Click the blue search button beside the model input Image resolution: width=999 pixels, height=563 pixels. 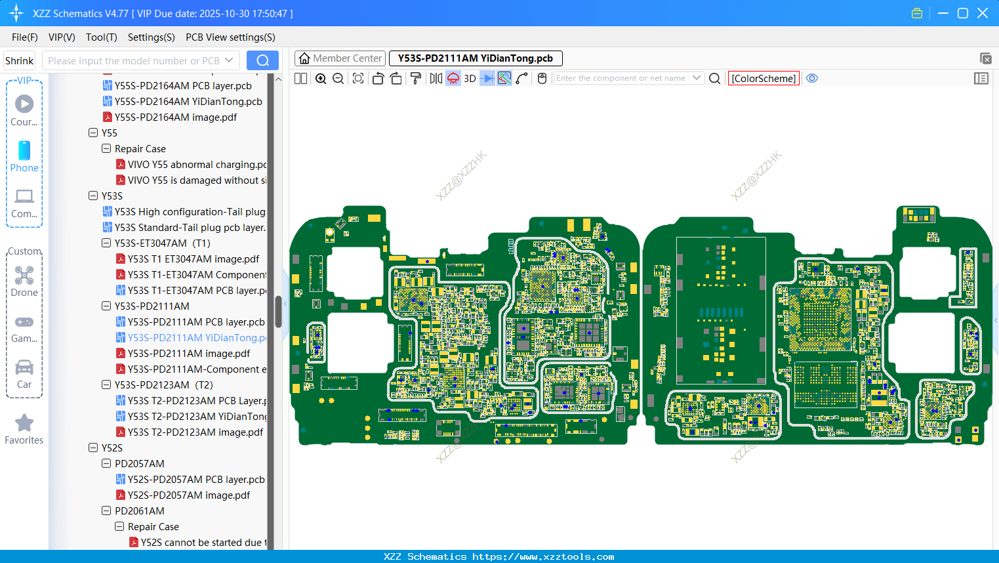click(262, 60)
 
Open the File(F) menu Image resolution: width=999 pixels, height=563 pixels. click(25, 37)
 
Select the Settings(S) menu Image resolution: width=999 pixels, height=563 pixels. click(151, 37)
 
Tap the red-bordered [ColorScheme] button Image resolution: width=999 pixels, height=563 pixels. click(764, 79)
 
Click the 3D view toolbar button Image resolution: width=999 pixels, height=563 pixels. click(470, 79)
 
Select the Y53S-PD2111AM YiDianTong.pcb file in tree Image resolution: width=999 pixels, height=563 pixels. click(197, 338)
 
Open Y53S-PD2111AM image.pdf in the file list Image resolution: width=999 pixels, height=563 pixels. click(189, 354)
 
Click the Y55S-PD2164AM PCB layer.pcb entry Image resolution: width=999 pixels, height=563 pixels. click(183, 86)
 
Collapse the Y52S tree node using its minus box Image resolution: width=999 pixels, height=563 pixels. click(93, 448)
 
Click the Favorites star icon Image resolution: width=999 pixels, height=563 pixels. click(24, 423)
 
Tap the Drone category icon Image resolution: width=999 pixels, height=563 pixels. click(24, 276)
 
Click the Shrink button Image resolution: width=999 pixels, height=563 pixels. click(20, 61)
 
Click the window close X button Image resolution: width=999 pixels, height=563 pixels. click(983, 13)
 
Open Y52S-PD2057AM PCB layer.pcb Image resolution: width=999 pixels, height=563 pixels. click(196, 480)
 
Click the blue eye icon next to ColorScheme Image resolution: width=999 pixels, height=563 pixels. click(812, 78)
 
